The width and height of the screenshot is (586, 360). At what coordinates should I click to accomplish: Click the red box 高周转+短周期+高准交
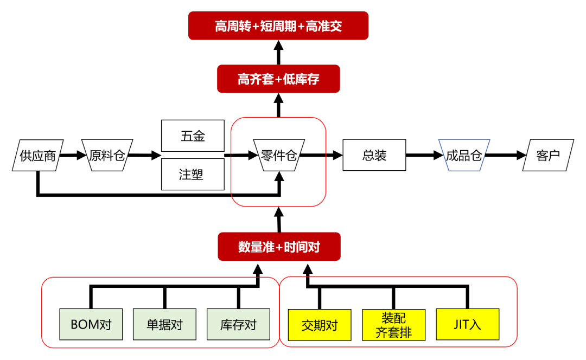click(278, 26)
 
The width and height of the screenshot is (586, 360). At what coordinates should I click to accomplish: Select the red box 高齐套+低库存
click(278, 79)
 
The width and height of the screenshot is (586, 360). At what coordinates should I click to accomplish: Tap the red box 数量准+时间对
click(279, 247)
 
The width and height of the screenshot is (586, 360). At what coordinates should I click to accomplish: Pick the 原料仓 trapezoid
click(107, 156)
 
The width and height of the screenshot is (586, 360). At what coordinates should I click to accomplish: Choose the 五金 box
click(193, 136)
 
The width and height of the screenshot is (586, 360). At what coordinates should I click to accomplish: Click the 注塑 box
click(193, 174)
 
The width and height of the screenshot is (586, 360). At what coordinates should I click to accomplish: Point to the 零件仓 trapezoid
click(279, 156)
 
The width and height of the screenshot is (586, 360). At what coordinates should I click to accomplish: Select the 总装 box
click(374, 156)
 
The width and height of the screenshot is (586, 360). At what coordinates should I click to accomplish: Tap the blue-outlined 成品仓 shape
click(464, 156)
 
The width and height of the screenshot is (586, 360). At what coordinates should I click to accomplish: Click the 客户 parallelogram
click(547, 156)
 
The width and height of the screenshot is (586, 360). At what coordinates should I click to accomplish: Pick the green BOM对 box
click(91, 325)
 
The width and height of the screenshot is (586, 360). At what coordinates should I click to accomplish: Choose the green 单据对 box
click(164, 325)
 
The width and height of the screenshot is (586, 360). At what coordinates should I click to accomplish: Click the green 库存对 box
click(238, 325)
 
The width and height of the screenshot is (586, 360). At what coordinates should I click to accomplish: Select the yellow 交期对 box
click(320, 325)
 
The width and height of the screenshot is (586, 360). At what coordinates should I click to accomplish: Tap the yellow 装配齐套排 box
click(393, 325)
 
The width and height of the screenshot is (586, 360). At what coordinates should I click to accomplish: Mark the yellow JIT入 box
click(467, 325)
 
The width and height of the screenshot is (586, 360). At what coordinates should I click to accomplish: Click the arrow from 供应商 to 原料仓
click(72, 156)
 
